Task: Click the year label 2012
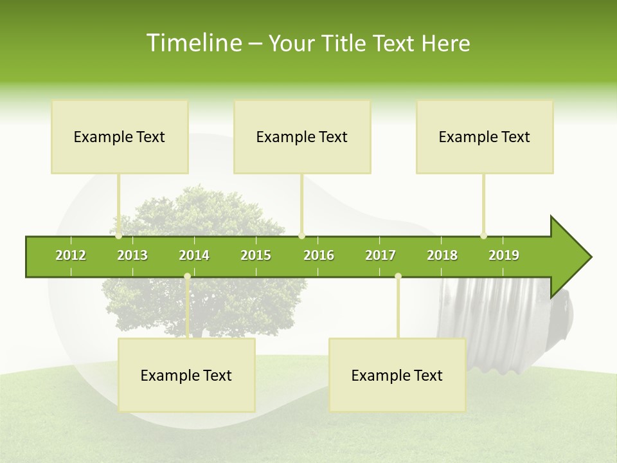click(71, 255)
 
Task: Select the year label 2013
click(132, 255)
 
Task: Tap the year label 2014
click(194, 255)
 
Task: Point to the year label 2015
click(256, 255)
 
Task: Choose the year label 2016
click(319, 255)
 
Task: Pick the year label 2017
click(380, 255)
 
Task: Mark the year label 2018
click(442, 255)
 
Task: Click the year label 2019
click(504, 255)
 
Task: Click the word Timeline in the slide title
click(193, 43)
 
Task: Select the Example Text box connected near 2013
click(120, 136)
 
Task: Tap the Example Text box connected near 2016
click(302, 136)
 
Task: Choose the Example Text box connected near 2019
click(485, 136)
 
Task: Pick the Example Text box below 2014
click(186, 375)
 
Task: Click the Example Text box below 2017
click(397, 375)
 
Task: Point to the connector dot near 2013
click(118, 236)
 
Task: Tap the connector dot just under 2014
click(187, 277)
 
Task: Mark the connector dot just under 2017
click(398, 277)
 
